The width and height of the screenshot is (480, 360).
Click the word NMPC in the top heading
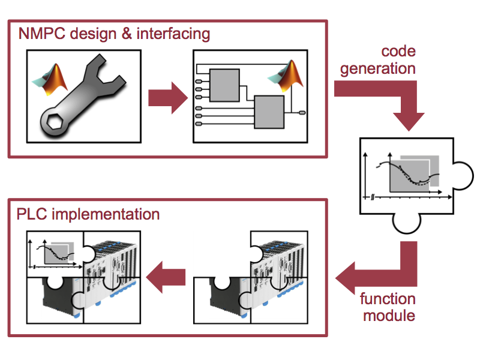point(41,33)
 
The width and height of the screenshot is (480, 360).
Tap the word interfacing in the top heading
point(173,34)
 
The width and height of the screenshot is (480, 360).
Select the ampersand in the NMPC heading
point(127,34)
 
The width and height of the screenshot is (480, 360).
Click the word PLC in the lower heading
point(32,214)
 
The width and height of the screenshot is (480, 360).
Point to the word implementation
point(106,214)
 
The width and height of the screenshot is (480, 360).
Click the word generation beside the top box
point(378,69)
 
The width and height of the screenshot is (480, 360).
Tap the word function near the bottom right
point(388,299)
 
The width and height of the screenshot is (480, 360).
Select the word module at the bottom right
point(389,316)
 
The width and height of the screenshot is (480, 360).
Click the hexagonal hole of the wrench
point(55,121)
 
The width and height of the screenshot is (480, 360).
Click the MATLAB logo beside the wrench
point(50,79)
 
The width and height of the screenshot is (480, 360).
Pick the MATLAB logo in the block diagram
point(286,76)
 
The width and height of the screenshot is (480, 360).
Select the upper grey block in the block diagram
point(224,85)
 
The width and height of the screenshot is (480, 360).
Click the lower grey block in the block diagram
point(269,112)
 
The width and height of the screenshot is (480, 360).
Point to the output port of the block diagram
point(302,113)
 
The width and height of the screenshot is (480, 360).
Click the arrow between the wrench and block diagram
point(168,98)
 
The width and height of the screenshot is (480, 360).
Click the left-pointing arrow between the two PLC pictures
point(166,277)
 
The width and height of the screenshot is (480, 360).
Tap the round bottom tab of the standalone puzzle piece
point(407,223)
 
